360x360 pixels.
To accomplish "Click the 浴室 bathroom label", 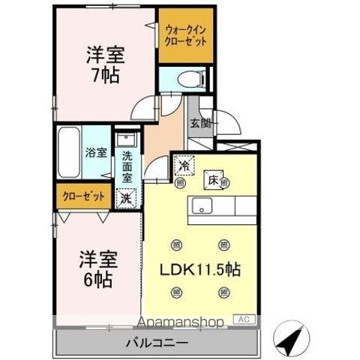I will pos(97,152).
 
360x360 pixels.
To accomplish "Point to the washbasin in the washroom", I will pos(126,140).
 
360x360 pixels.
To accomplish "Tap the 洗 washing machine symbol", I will pos(125,198).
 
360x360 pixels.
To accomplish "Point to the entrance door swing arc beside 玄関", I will pos(227,121).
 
